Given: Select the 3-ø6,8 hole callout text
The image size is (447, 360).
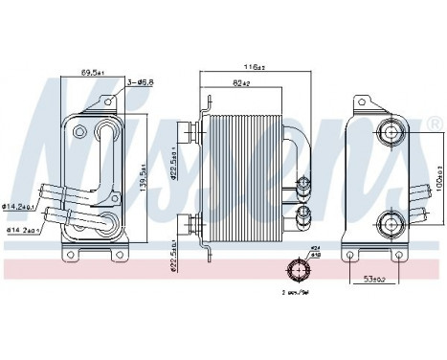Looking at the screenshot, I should [x=141, y=83].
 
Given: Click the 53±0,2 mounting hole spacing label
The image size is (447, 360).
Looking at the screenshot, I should [x=374, y=279].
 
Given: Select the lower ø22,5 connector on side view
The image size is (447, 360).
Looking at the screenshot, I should [x=195, y=226].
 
